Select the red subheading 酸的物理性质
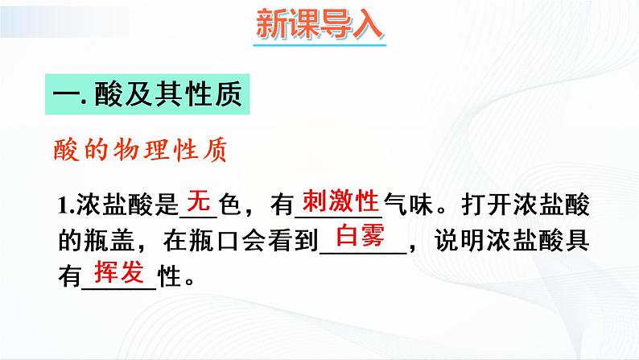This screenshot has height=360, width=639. click(x=138, y=149)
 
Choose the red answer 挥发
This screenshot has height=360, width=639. click(x=118, y=271)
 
